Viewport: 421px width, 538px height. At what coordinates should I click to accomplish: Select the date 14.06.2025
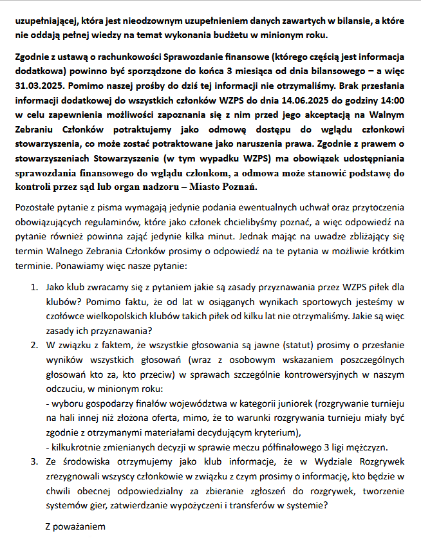[x=306, y=101]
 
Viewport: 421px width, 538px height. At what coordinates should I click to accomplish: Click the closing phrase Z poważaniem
[x=75, y=526]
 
